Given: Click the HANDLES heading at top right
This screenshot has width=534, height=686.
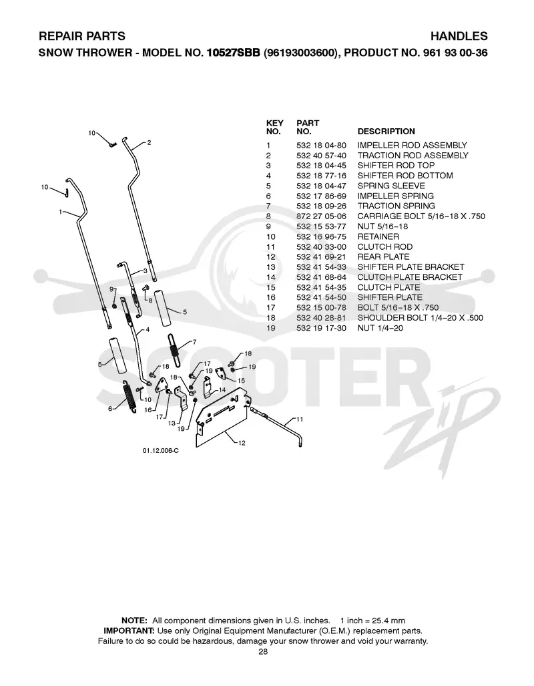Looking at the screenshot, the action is click(x=459, y=36).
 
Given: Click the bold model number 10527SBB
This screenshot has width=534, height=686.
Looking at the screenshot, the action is click(x=233, y=53).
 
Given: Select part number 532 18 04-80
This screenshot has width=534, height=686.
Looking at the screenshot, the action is click(x=321, y=145).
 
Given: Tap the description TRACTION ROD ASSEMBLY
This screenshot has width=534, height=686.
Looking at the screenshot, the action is click(x=413, y=156).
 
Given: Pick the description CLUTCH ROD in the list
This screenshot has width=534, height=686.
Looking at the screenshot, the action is click(x=385, y=246).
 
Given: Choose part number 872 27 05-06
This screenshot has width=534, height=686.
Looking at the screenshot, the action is click(x=321, y=216).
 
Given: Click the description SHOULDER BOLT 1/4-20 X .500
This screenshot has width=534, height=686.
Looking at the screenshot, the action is click(x=420, y=318).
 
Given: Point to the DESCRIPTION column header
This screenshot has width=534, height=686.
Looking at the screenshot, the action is click(x=386, y=131).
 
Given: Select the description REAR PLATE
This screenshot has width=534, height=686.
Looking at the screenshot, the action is click(x=383, y=256).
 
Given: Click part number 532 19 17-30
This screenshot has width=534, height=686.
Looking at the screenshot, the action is click(x=321, y=328).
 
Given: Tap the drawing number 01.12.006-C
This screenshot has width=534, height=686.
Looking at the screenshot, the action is click(x=160, y=451).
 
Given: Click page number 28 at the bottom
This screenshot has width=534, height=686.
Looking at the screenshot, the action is click(x=263, y=652).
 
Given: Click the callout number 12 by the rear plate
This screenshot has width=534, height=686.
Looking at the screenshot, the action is click(x=242, y=443).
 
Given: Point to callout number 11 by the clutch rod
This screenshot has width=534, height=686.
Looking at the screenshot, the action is click(x=300, y=419).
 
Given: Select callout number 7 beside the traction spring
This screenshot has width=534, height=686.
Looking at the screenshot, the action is click(x=195, y=342).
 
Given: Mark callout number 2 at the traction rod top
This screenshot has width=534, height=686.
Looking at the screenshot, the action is click(x=149, y=143).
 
